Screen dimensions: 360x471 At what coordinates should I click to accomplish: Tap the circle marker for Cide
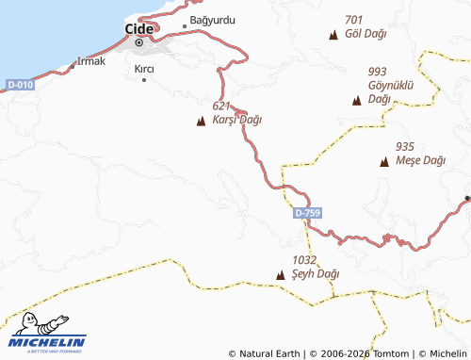click(140, 42)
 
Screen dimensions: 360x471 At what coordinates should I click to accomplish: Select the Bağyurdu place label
click(213, 20)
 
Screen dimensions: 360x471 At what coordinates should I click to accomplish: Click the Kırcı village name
click(144, 69)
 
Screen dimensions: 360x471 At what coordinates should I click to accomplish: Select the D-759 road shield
click(307, 214)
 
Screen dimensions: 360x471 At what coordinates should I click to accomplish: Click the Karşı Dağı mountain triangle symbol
click(200, 121)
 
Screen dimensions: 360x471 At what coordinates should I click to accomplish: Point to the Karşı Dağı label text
click(236, 120)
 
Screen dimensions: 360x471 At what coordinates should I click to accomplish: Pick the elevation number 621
click(222, 106)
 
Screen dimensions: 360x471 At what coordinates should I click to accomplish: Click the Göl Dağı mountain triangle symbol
click(333, 35)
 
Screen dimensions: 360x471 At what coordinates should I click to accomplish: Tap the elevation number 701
click(354, 20)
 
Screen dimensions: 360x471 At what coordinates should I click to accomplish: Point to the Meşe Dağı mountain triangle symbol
click(383, 162)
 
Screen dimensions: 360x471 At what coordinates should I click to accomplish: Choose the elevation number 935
click(405, 146)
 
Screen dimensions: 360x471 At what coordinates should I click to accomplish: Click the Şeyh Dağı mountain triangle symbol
click(280, 275)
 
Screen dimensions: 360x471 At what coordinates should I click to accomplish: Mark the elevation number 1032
click(304, 259)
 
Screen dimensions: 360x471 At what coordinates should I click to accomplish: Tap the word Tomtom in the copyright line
click(390, 353)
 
